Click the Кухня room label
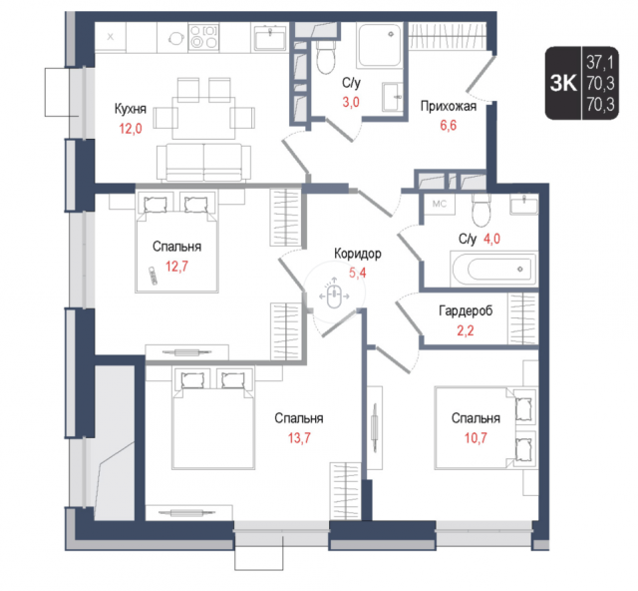point(131,109)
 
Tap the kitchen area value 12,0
point(131,129)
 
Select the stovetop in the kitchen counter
point(203,37)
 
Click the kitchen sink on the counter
point(270,37)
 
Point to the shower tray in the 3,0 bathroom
point(379,45)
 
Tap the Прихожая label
point(448,107)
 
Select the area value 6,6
point(448,125)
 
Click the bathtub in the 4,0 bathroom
point(493,269)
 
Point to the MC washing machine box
point(439,204)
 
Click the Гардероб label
point(466,311)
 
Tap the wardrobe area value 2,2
point(466,330)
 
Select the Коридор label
point(358,254)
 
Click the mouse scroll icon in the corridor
point(334,295)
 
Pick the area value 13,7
point(299,438)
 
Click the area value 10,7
point(476,438)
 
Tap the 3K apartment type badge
point(563,84)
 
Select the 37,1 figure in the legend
point(600,63)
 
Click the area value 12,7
point(176,267)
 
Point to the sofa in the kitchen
point(203,162)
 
